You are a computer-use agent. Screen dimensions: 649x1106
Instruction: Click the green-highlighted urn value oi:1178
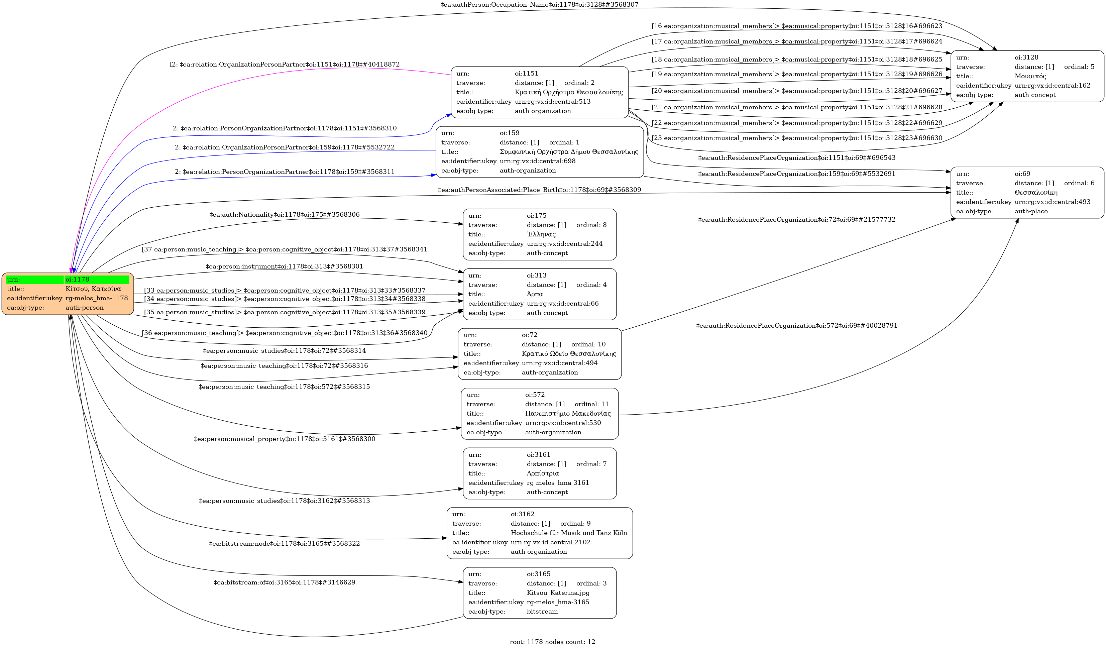(77, 280)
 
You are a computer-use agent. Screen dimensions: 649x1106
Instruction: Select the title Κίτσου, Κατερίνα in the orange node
(93, 289)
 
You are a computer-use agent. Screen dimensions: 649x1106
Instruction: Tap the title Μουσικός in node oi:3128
(1030, 76)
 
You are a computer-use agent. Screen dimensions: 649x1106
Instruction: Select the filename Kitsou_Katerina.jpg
(558, 593)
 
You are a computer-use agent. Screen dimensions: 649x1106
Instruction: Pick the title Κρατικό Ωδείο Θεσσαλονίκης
(569, 354)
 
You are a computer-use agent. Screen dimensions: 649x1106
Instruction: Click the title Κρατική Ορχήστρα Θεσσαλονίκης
(569, 92)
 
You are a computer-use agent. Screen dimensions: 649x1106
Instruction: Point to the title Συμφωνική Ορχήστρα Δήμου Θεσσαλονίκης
(569, 152)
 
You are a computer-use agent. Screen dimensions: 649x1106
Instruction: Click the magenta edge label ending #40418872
(285, 65)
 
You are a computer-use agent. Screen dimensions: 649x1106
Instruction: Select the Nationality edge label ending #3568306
(285, 215)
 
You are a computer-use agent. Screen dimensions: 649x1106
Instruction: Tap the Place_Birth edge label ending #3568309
(539, 190)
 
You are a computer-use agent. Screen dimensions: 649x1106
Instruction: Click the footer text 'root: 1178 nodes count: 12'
(552, 642)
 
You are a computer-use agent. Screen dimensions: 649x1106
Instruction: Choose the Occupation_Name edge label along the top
(539, 5)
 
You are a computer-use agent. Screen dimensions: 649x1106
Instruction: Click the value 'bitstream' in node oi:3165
(542, 612)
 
